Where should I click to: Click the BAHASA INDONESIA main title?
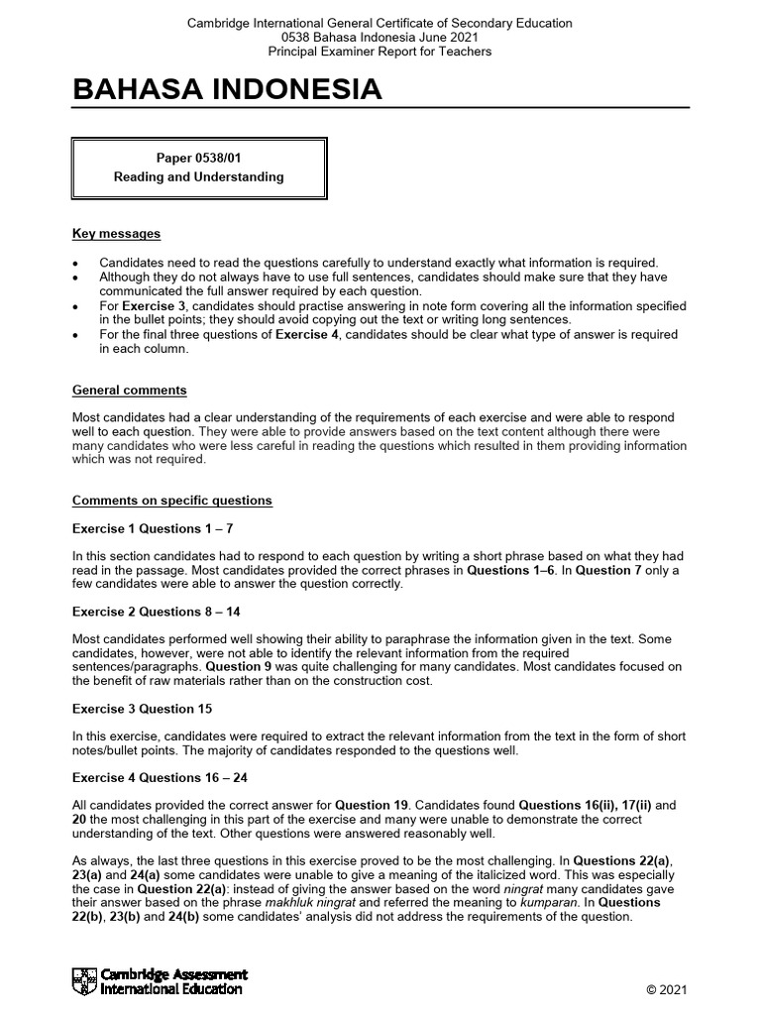[x=227, y=90]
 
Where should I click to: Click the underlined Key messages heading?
[x=116, y=234]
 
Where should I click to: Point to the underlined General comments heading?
[x=129, y=391]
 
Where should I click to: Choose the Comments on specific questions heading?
[x=171, y=501]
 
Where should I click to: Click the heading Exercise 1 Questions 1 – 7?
[x=153, y=528]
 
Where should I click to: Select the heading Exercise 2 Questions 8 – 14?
[x=157, y=612]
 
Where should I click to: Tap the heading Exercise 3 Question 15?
[x=142, y=709]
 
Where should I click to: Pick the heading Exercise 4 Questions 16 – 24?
[x=160, y=777]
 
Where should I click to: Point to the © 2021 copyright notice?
[x=666, y=990]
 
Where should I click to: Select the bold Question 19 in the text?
[x=370, y=805]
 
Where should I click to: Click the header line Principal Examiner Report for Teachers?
[x=380, y=52]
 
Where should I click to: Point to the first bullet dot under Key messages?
[x=76, y=263]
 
